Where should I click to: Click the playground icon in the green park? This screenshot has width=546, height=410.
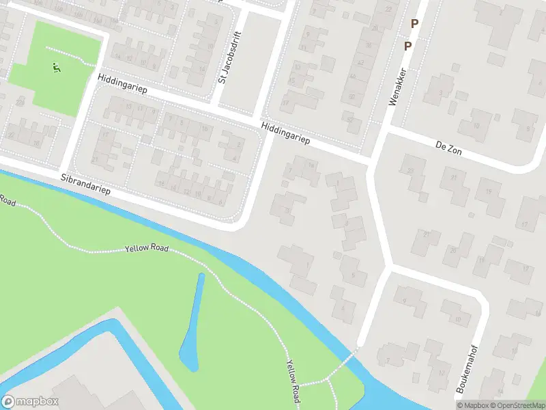57,66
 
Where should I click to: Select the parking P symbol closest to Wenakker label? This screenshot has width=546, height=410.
407,46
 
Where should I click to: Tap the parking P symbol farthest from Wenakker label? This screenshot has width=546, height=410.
414,23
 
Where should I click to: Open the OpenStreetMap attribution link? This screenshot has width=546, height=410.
516,405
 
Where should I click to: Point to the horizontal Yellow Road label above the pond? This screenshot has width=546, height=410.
147,248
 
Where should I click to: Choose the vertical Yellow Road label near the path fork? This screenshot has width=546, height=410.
293,380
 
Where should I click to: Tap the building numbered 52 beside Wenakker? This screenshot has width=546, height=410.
351,120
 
